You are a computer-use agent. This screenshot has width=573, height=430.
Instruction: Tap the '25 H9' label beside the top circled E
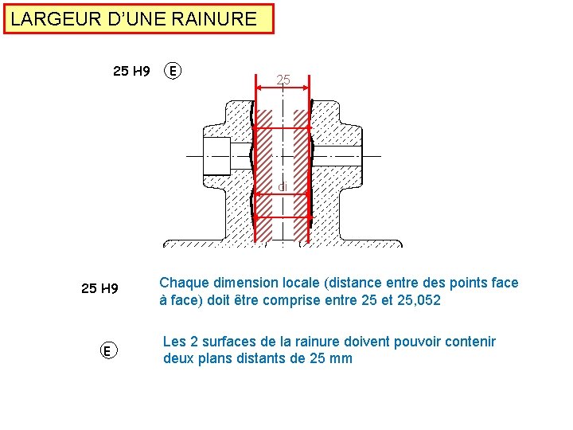pos(131,71)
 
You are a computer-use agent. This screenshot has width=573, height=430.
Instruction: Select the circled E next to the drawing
pos(172,71)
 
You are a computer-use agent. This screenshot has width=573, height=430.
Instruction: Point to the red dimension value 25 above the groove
pos(283,80)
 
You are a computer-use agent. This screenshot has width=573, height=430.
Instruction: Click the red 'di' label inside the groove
pos(283,187)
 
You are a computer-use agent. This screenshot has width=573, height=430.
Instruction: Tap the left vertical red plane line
pos(255,159)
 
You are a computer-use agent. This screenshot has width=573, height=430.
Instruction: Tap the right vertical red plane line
pos(310,159)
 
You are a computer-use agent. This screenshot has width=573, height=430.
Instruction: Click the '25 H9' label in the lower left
pos(99,288)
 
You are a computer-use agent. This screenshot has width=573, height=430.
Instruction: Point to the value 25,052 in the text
pos(413,301)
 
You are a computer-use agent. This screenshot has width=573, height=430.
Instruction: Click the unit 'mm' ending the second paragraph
pos(341,358)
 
